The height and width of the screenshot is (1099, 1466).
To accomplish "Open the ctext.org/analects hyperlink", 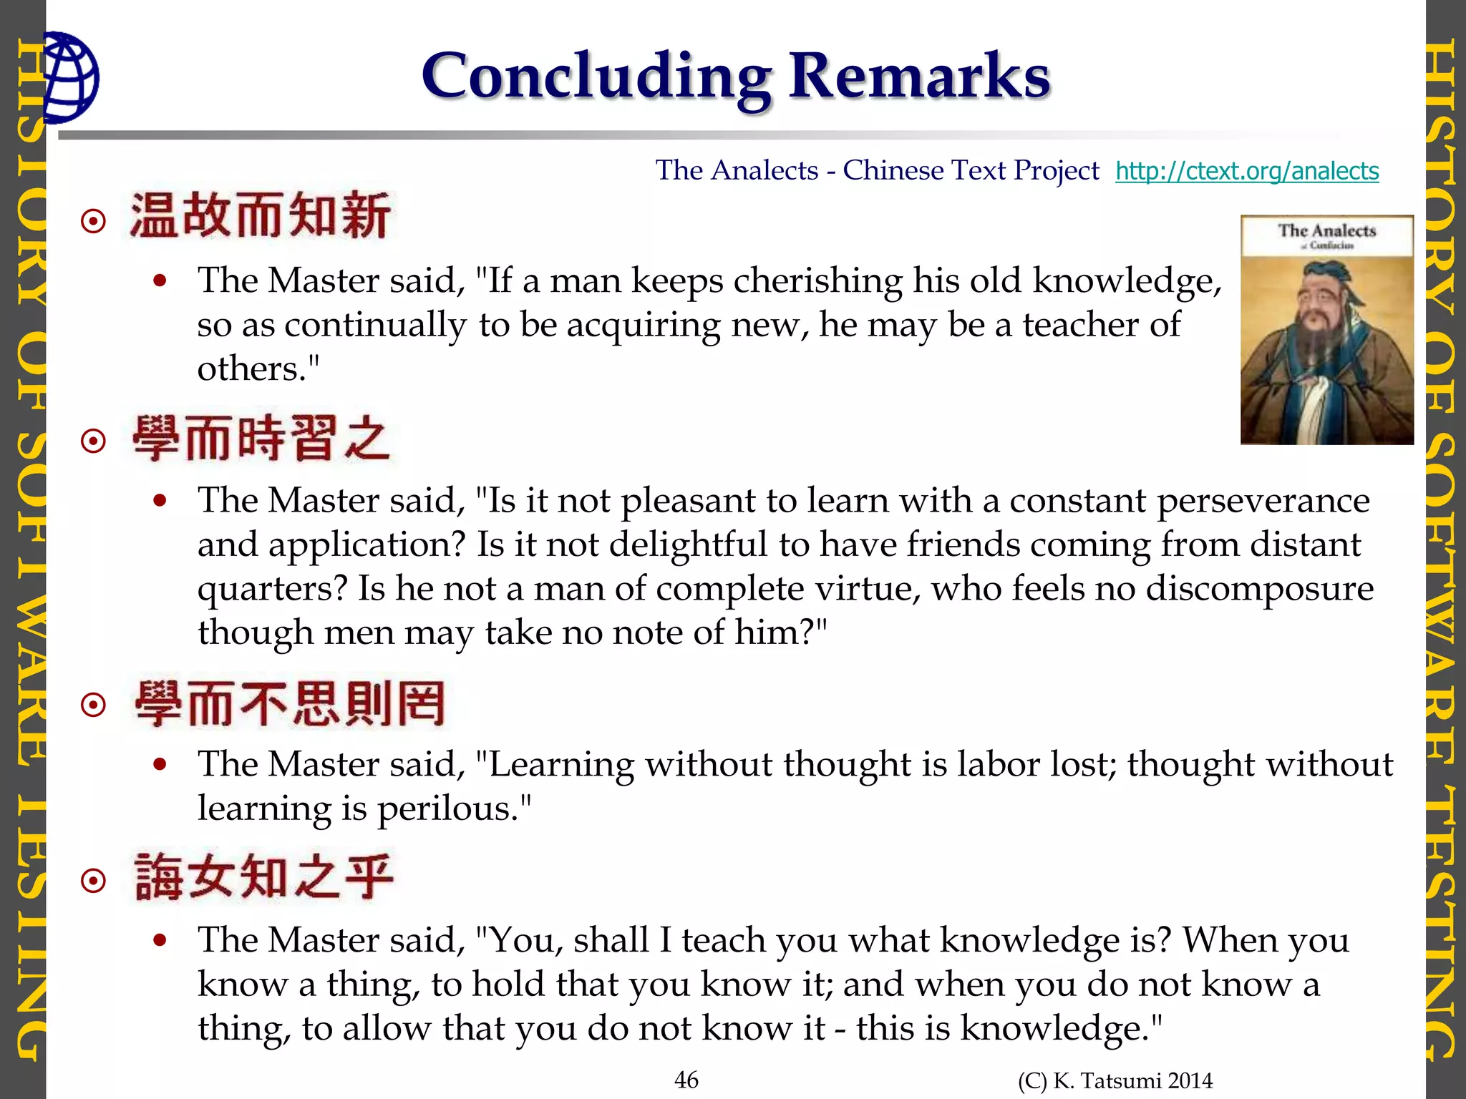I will [x=1246, y=171].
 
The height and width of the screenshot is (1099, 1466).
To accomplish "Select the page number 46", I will [x=686, y=1080].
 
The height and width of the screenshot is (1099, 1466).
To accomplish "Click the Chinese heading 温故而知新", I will [x=260, y=215].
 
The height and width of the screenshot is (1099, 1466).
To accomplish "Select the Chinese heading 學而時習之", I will [x=261, y=437].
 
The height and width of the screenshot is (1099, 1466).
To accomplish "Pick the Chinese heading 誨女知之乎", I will [x=264, y=877].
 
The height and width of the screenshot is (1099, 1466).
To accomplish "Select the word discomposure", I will [x=1259, y=590].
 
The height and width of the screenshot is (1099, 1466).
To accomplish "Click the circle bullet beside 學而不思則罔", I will [x=94, y=705].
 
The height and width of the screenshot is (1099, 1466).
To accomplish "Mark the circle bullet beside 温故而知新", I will [x=94, y=221].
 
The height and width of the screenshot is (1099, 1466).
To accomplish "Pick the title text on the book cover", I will [x=1326, y=230].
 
